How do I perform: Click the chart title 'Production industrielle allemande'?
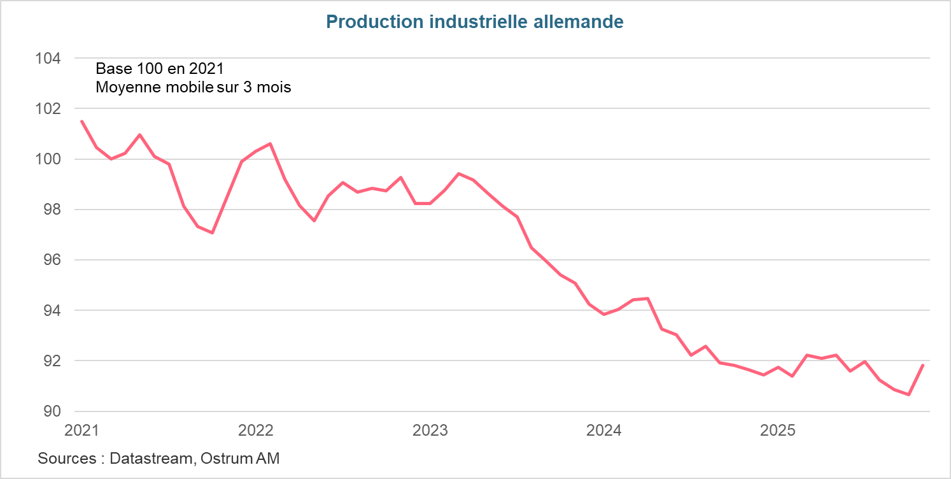(x=475, y=22)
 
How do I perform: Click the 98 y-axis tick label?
(x=52, y=210)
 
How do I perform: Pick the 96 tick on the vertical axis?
(x=52, y=260)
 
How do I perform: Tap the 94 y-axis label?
(x=52, y=311)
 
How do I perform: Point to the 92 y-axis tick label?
(x=52, y=361)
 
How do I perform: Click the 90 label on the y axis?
(x=52, y=411)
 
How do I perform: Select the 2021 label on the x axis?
(x=81, y=431)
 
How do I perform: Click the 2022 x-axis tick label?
(x=256, y=431)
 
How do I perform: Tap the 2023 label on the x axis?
(x=430, y=431)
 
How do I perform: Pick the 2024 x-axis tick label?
(x=604, y=431)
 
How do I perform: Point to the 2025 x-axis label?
(x=778, y=431)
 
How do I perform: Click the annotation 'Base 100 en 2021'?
(x=160, y=68)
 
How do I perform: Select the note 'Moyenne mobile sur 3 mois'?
(x=194, y=87)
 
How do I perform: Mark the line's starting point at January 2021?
(x=82, y=121)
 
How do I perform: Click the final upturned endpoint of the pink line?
(x=922, y=365)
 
